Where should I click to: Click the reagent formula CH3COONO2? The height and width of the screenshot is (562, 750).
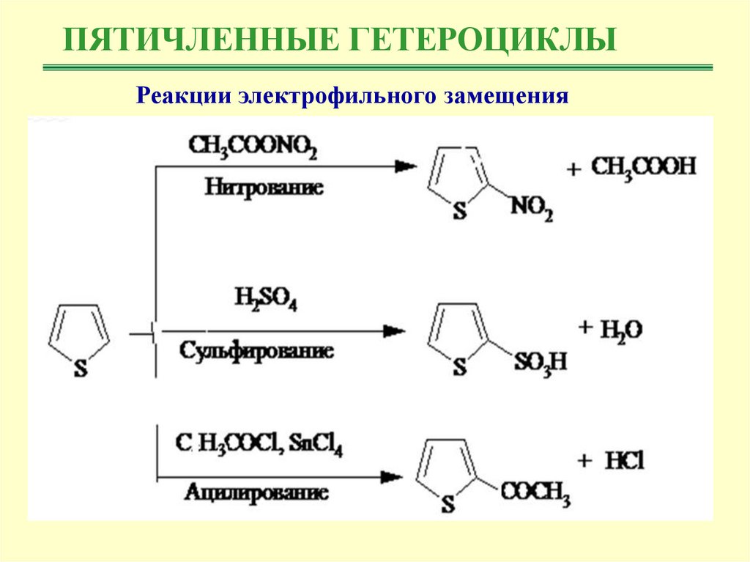(253, 146)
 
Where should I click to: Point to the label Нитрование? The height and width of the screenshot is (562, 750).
(264, 187)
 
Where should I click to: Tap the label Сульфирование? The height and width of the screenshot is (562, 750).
(256, 350)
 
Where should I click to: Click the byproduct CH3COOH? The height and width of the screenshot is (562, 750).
(642, 168)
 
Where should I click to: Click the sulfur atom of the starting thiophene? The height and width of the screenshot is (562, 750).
(80, 370)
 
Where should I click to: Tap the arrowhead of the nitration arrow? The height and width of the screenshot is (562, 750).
(404, 166)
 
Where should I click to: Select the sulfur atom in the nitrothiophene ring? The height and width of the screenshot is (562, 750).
(459, 212)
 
